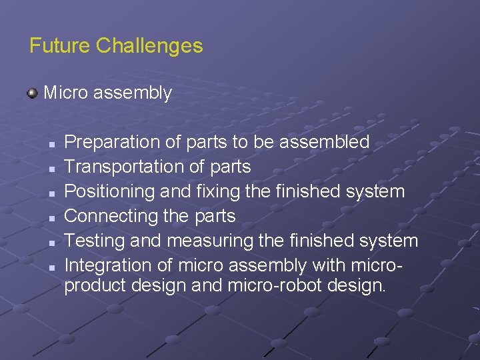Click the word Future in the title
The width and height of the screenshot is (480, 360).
59,46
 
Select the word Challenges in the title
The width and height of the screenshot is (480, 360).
149,46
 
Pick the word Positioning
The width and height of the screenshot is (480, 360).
110,191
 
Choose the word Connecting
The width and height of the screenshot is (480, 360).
111,216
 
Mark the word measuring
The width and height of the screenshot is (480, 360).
203,241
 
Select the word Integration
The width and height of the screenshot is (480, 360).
104,265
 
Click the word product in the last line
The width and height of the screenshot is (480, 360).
91,286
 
